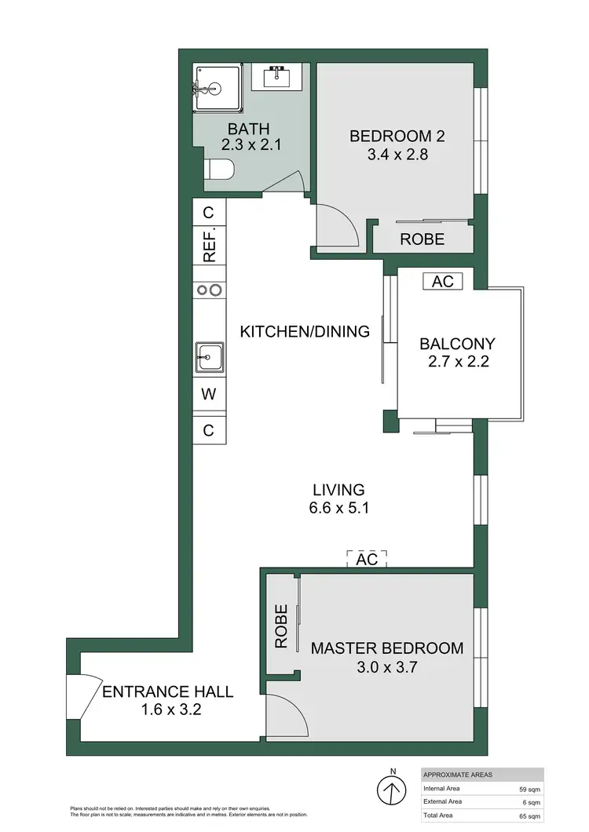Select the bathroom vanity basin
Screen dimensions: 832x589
(278, 78)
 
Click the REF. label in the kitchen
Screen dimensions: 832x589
(210, 245)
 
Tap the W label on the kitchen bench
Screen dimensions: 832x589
(210, 395)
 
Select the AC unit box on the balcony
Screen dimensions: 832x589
(443, 281)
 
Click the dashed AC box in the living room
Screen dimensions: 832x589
(367, 559)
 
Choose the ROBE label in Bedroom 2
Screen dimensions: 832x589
(423, 239)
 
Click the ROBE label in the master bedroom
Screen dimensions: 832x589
(281, 628)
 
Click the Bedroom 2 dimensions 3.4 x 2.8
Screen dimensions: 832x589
(397, 155)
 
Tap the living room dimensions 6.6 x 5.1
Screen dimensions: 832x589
(338, 508)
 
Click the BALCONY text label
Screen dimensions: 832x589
(457, 344)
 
